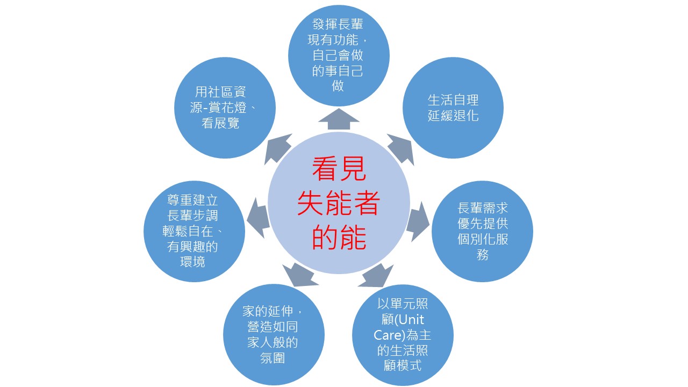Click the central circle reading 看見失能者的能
pos(339,203)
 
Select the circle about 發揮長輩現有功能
pos(339,55)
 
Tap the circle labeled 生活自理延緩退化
pos(453,108)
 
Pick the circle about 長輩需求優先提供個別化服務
pos(482,231)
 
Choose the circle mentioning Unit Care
pos(403,335)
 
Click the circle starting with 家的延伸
pos(274,335)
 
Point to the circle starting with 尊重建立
pos(194,231)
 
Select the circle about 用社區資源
pos(225,108)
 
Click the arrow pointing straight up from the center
pos(339,119)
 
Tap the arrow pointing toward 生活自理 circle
pos(401,149)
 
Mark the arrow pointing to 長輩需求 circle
pos(418,221)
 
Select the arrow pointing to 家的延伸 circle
pos(300,275)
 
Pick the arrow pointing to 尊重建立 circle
pos(259,218)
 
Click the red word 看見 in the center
pos(339,169)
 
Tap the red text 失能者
pos(339,203)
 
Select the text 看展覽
pos(220,124)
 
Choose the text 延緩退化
pos(453,116)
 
